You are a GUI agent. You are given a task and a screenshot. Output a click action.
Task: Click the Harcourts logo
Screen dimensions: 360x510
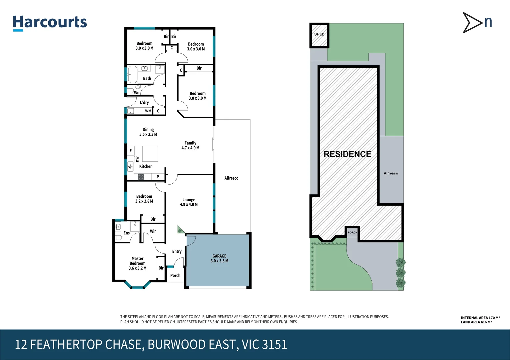tap(50, 23)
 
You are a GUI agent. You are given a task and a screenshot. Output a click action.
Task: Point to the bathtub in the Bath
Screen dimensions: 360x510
tap(133, 74)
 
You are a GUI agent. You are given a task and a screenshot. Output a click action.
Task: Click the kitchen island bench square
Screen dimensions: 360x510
tap(150, 154)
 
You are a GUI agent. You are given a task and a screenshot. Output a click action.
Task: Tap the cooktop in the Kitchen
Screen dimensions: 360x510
tap(141, 177)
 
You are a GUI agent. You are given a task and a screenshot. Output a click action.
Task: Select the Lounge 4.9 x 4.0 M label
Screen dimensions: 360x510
tap(189, 202)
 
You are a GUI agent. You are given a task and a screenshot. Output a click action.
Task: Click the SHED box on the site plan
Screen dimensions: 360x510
tap(319, 35)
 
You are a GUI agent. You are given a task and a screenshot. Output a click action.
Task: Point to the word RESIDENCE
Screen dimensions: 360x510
tap(347, 154)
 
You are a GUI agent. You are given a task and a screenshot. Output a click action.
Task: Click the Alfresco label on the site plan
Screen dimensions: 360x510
tap(391, 173)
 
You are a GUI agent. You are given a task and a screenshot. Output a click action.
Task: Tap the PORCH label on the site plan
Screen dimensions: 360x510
tap(352, 232)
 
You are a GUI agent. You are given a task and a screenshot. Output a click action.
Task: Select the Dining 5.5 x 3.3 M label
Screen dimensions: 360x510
tap(148, 132)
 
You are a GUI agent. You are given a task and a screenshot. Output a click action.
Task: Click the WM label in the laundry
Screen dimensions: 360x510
tap(148, 111)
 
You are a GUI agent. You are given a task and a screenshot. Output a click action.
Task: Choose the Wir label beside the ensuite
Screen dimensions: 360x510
tap(153, 231)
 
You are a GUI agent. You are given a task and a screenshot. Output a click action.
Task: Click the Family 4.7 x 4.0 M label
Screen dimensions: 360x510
tap(190, 145)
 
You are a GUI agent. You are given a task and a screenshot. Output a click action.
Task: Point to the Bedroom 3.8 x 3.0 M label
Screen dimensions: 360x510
tap(197, 96)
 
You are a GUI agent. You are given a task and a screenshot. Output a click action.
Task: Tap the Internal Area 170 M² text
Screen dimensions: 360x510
tap(480, 318)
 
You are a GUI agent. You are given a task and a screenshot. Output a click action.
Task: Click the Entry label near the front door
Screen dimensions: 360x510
tap(177, 251)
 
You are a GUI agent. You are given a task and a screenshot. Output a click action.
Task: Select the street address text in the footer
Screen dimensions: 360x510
tap(151, 344)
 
